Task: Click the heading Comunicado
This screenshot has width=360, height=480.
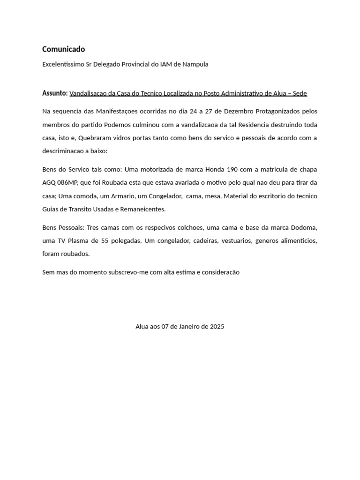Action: pyautogui.click(x=64, y=49)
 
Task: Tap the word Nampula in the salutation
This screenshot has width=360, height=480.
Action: pyautogui.click(x=195, y=64)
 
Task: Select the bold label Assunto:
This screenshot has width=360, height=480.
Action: pyautogui.click(x=55, y=93)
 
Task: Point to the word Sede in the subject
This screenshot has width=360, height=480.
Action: pyautogui.click(x=300, y=93)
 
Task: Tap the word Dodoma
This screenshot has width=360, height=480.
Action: pyautogui.click(x=302, y=227)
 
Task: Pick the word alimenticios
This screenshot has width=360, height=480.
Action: pyautogui.click(x=295, y=240)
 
